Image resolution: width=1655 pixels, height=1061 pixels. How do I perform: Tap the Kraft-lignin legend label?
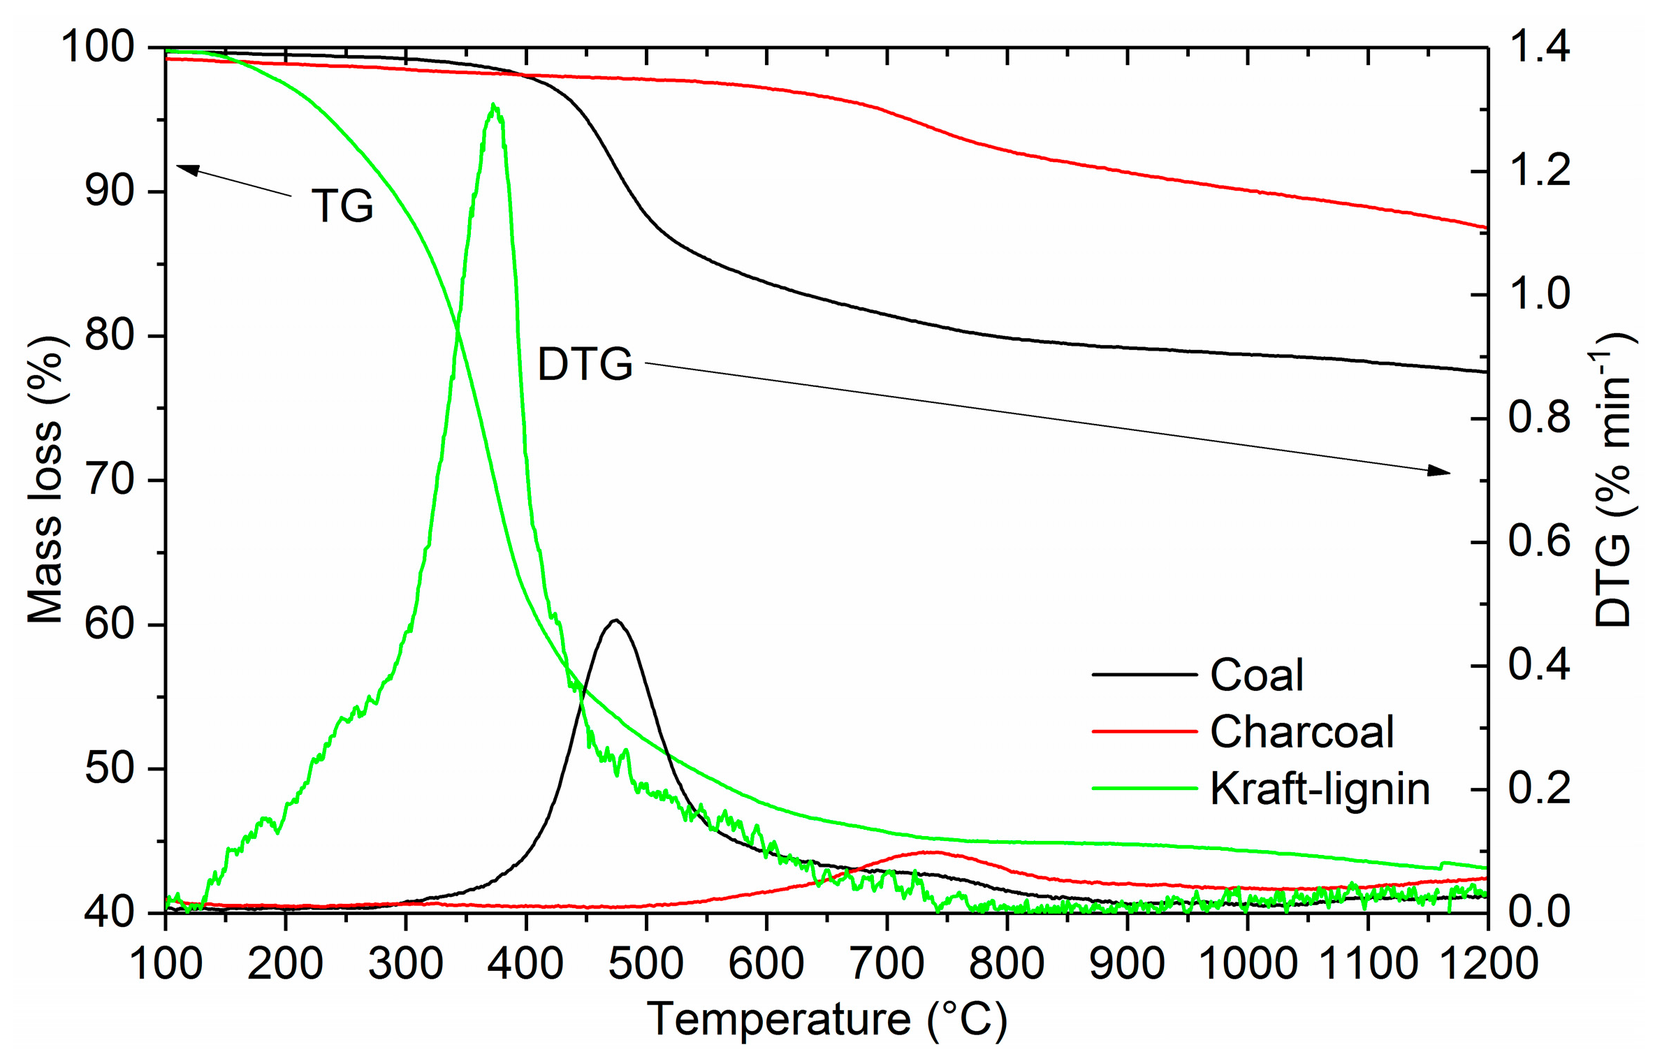click(x=1319, y=789)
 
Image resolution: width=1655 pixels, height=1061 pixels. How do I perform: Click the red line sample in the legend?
click(x=1144, y=731)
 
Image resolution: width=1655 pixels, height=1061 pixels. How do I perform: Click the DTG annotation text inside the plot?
click(x=585, y=365)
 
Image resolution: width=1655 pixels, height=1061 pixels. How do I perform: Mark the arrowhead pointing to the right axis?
click(x=1440, y=471)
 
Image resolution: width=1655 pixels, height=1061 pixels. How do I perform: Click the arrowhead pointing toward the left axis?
click(x=186, y=168)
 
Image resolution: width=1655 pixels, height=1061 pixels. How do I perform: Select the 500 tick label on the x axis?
click(x=646, y=963)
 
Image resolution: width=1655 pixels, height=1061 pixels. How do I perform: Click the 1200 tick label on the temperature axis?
click(x=1489, y=963)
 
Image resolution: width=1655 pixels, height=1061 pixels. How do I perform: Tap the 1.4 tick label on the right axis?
click(x=1539, y=47)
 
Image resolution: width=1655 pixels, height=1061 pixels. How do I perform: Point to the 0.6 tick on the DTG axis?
click(x=1539, y=541)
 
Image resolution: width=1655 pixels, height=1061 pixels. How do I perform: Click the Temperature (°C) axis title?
click(x=827, y=1019)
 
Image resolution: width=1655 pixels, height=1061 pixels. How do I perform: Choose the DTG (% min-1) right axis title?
click(x=1614, y=480)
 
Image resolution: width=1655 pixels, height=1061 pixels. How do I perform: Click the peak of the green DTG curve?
click(x=494, y=105)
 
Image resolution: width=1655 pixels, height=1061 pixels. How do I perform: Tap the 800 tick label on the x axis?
click(x=1007, y=963)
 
